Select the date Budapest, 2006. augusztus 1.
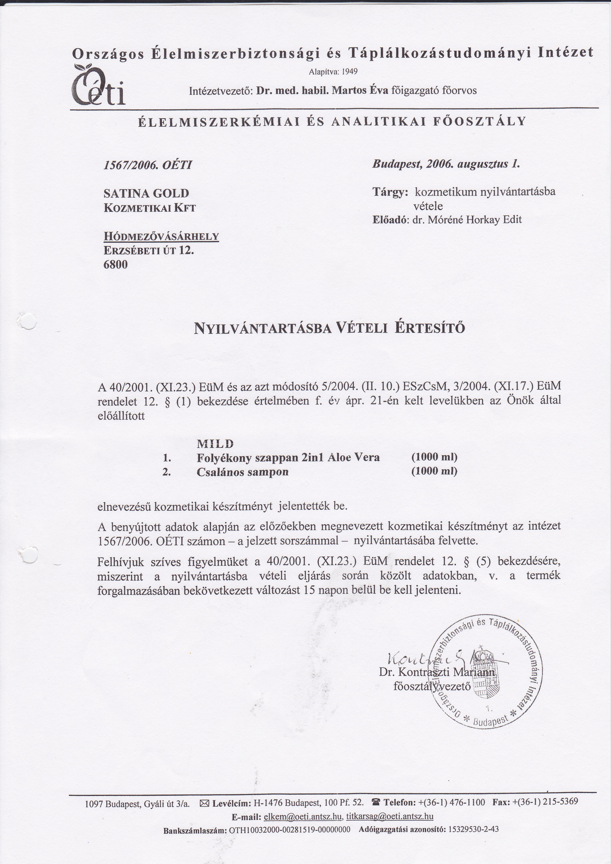(x=446, y=164)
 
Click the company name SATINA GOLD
(x=146, y=193)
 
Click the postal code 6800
(x=116, y=265)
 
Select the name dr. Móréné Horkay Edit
(x=467, y=220)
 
